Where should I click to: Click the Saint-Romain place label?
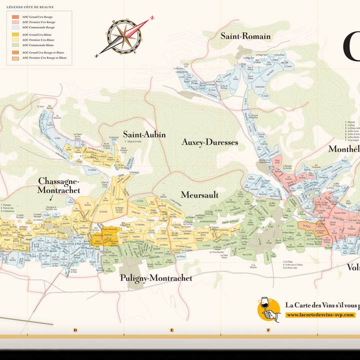(245, 36)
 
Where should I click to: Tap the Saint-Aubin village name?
(144, 134)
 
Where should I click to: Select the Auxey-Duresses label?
(209, 142)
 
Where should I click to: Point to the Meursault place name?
(199, 195)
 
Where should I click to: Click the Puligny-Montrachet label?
(155, 278)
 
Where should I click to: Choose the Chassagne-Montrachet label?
(58, 185)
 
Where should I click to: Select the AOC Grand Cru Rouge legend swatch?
(15, 16)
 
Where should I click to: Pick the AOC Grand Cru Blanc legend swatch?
(15, 34)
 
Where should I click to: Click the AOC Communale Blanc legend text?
(38, 45)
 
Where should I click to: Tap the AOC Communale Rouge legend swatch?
(15, 27)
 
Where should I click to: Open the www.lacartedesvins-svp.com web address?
(320, 315)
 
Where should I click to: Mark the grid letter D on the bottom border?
(75, 330)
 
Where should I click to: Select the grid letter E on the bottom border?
(172, 330)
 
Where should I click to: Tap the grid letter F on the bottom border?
(268, 330)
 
